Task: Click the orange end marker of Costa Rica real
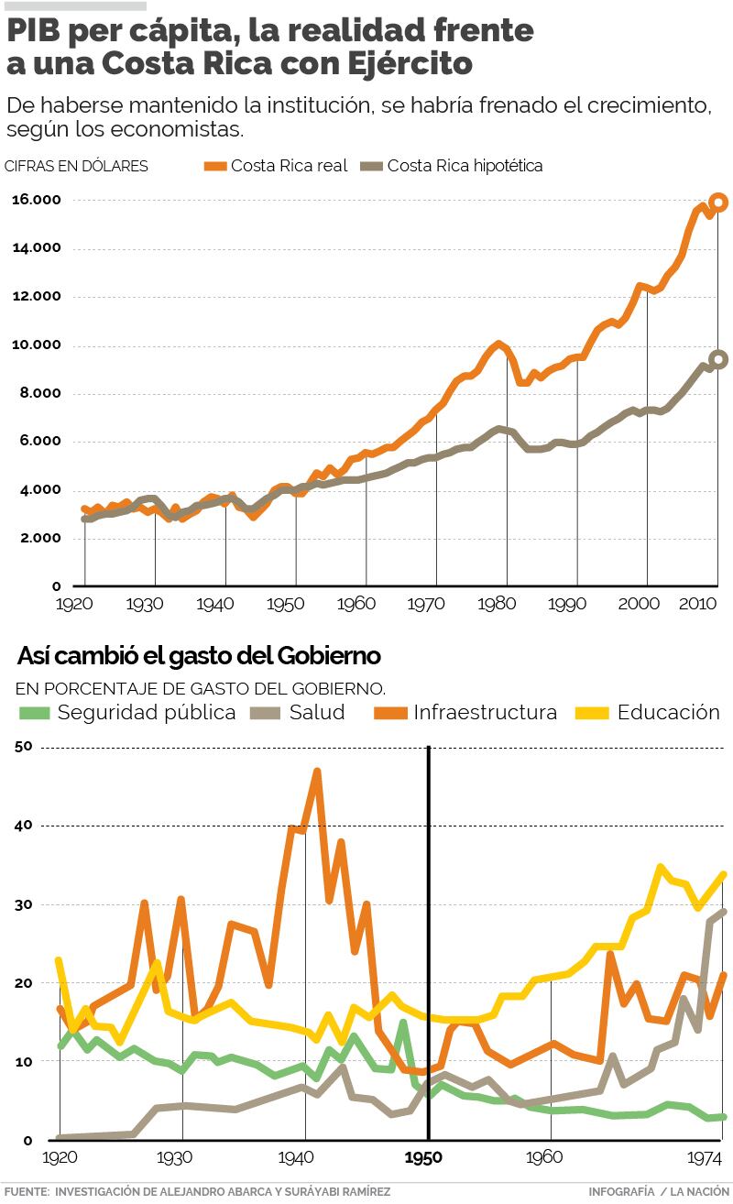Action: [x=718, y=202]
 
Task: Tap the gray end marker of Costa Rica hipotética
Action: [x=718, y=360]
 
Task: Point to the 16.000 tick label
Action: [x=36, y=200]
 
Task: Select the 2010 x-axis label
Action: [x=697, y=605]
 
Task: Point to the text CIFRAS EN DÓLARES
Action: [x=76, y=166]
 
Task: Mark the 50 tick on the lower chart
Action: [x=24, y=747]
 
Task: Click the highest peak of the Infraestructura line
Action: [x=317, y=771]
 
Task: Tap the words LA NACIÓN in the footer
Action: [x=699, y=1191]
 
